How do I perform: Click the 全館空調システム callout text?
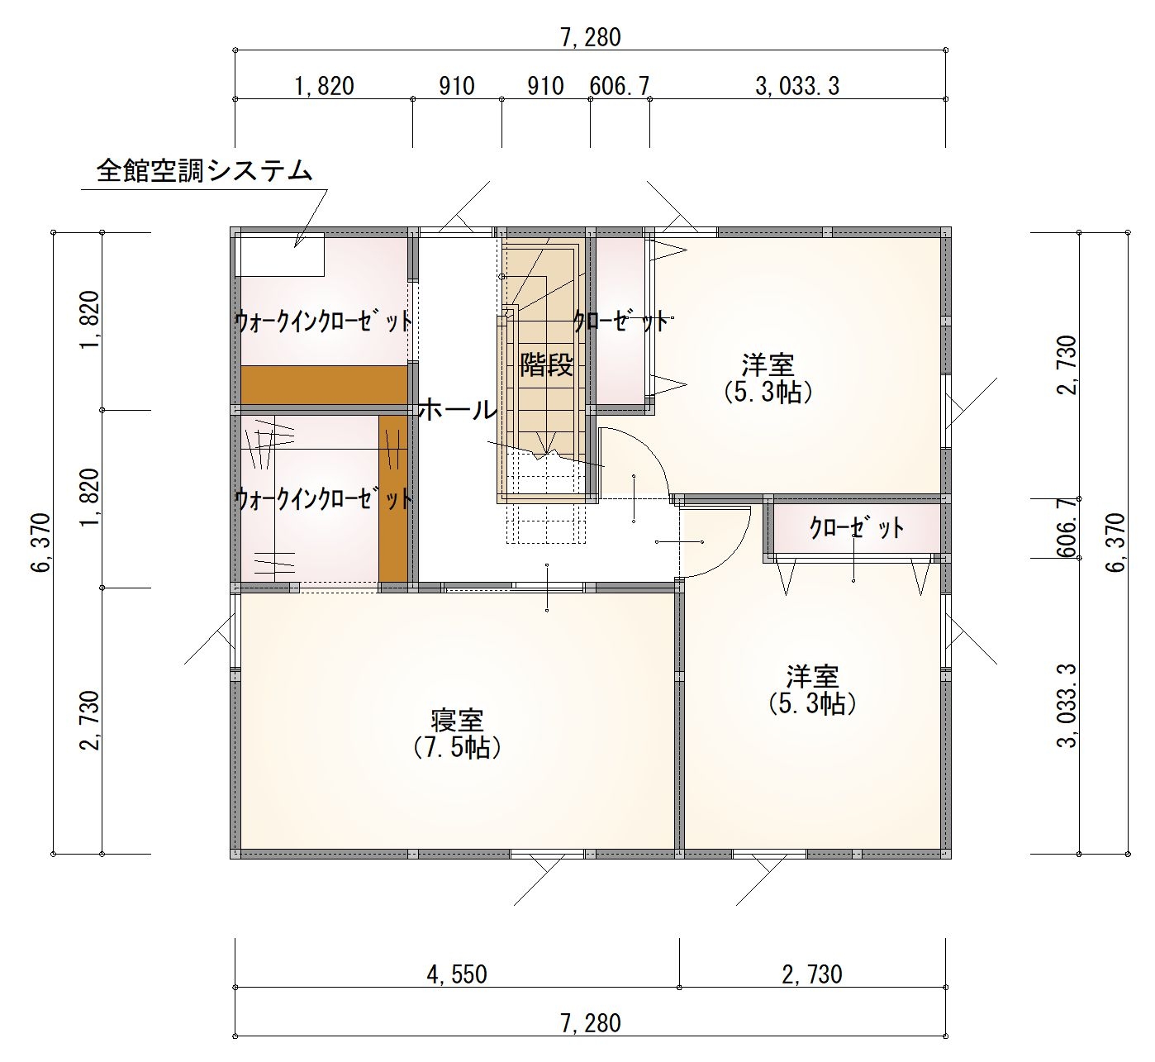pyautogui.click(x=204, y=170)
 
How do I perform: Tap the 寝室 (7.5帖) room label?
pyautogui.click(x=457, y=734)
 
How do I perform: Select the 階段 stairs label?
pyautogui.click(x=546, y=364)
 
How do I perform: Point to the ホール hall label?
pyautogui.click(x=458, y=410)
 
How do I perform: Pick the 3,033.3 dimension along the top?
pyautogui.click(x=797, y=87)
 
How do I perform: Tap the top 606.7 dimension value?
pyautogui.click(x=620, y=87)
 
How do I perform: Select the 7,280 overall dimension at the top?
pyautogui.click(x=591, y=38)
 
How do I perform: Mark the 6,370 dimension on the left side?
pyautogui.click(x=41, y=543)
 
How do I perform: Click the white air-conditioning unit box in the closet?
pyautogui.click(x=282, y=255)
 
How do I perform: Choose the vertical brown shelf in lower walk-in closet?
pyautogui.click(x=393, y=499)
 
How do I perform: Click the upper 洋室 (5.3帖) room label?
pyautogui.click(x=768, y=379)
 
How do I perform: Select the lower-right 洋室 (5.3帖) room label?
pyautogui.click(x=812, y=690)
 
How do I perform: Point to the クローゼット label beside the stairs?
pyautogui.click(x=621, y=321)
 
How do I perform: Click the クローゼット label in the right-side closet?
pyautogui.click(x=856, y=526)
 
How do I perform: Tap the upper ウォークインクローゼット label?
pyautogui.click(x=324, y=321)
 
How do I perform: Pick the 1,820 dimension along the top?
pyautogui.click(x=324, y=87)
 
